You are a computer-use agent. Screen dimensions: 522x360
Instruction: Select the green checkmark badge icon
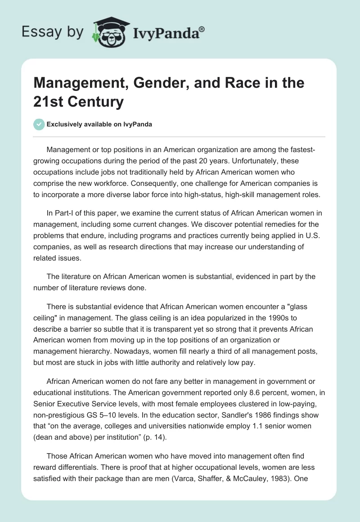pyautogui.click(x=39, y=124)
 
